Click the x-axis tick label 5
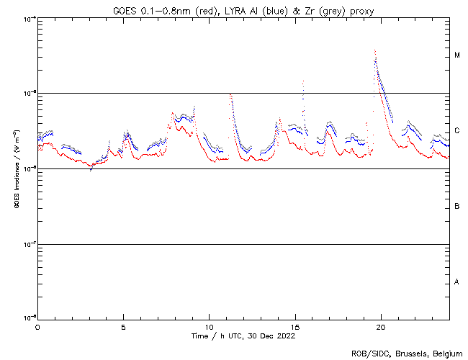[x=123, y=326]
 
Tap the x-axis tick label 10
[x=209, y=326]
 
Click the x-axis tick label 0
[x=37, y=326]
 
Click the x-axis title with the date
[x=243, y=336]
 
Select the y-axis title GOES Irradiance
[x=17, y=168]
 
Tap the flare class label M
[x=457, y=55]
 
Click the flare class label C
[x=457, y=131]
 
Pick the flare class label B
[x=457, y=207]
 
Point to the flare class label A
[x=457, y=282]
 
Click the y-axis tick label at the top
[x=27, y=18]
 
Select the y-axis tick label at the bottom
[x=27, y=318]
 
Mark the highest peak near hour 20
[x=375, y=50]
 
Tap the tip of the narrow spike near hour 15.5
[x=303, y=81]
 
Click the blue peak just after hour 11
[x=230, y=95]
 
